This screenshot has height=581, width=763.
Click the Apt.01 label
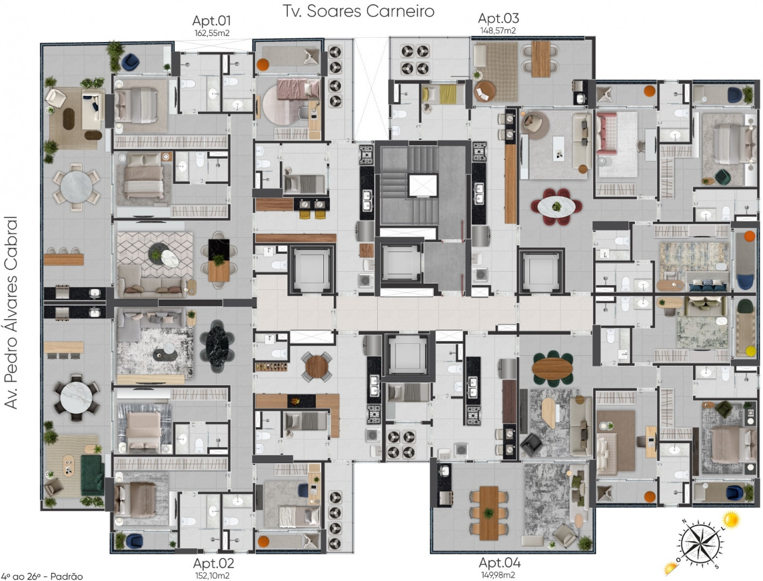click(x=211, y=20)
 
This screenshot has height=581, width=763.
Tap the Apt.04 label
click(x=500, y=562)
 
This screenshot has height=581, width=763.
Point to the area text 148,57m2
click(x=498, y=31)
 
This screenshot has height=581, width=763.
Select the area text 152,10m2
click(x=212, y=576)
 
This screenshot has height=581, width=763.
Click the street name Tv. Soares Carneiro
click(x=359, y=11)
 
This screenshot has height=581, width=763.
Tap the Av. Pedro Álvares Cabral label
click(x=11, y=313)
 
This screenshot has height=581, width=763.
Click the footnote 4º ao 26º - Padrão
click(x=42, y=576)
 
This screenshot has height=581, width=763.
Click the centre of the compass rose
click(x=700, y=544)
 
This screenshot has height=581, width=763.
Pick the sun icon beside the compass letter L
click(x=731, y=519)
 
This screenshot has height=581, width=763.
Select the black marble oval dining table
click(x=217, y=345)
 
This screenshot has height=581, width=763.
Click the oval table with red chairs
click(x=556, y=207)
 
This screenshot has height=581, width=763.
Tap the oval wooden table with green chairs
click(x=553, y=369)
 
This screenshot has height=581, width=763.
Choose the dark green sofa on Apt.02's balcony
click(x=93, y=475)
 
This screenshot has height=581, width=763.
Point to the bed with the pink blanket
click(x=299, y=89)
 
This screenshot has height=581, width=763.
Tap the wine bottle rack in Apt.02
click(x=272, y=367)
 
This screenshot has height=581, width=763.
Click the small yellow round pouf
click(x=751, y=351)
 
